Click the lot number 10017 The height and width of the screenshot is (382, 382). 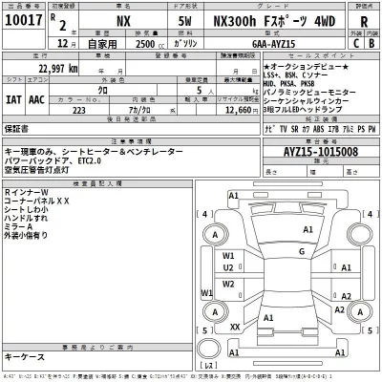coord(23,24)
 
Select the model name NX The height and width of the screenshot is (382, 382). coord(124,24)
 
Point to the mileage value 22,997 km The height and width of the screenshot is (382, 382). coord(57,69)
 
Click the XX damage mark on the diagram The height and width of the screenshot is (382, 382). coord(234,327)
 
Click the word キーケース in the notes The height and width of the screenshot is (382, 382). coord(24,356)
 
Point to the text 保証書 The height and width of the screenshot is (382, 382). coord(17,128)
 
